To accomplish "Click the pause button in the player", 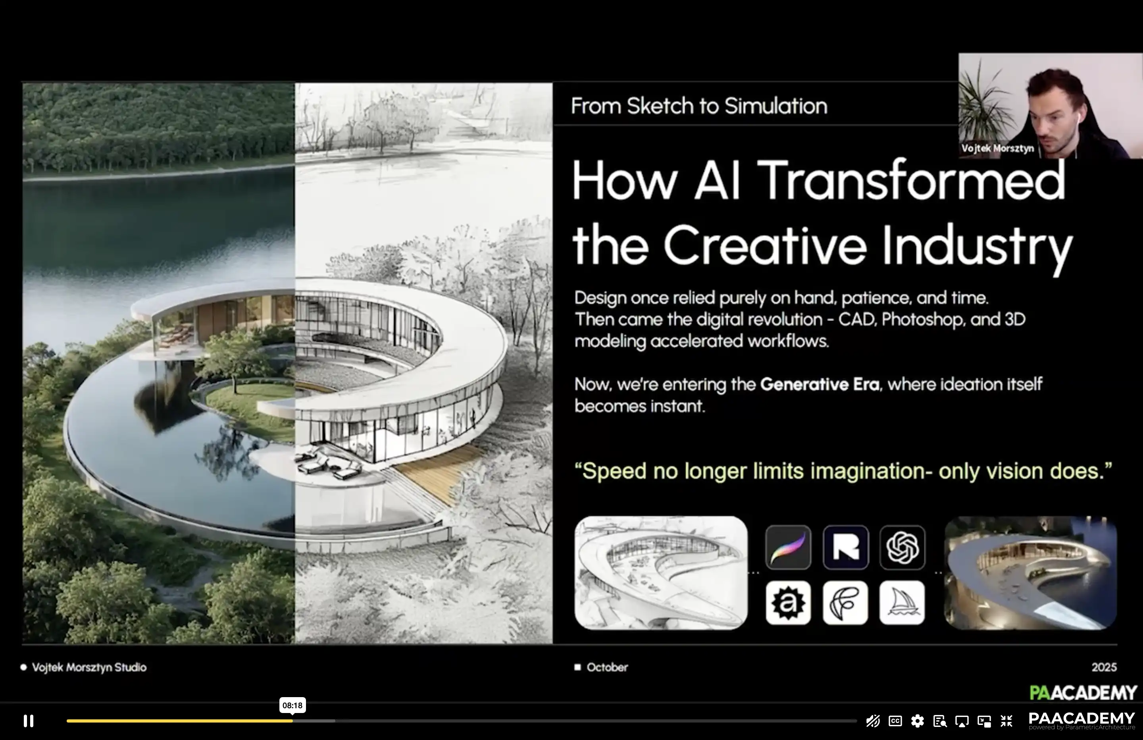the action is point(28,721).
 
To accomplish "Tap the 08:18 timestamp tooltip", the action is point(292,705).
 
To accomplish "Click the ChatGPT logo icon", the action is point(902,547).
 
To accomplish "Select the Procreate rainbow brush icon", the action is point(788,547).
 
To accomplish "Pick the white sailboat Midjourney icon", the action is point(902,603).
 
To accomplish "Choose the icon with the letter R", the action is point(846,547).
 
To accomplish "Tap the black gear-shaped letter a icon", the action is point(788,603).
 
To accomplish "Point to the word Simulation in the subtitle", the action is point(776,106).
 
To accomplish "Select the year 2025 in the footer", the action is point(1104,667).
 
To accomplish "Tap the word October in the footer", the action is point(607,667).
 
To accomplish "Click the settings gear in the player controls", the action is point(917,721).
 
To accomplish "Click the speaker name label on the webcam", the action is point(997,148).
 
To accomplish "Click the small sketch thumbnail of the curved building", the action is point(661,573).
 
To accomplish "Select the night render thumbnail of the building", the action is point(1031,573).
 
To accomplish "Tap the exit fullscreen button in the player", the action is point(1006,721).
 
